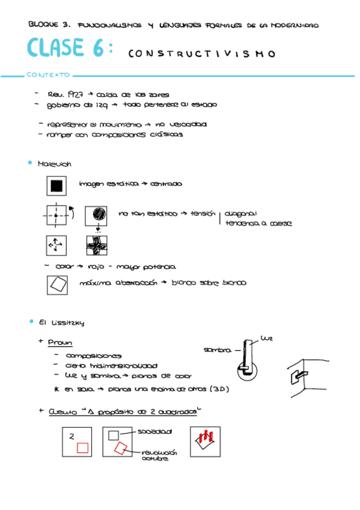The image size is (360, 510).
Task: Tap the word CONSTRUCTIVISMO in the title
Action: point(201,54)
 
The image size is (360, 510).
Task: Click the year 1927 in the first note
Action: point(76,94)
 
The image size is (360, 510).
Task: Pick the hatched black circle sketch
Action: point(97,214)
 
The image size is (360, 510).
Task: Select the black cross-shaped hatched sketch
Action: point(96,245)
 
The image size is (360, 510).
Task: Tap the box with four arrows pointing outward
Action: point(56,245)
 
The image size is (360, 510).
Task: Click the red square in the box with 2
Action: point(82,447)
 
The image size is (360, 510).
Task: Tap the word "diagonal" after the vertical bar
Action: point(241,213)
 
